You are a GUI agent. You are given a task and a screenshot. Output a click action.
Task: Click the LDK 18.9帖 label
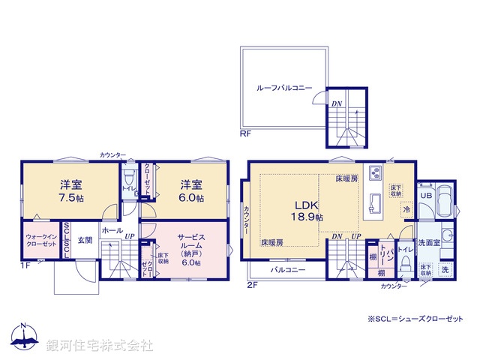coord(308,209)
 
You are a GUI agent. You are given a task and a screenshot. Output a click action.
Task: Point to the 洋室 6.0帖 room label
coord(191,190)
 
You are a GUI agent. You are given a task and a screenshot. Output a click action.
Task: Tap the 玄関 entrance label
coord(84,241)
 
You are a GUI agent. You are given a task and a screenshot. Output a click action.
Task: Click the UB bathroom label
coord(425,195)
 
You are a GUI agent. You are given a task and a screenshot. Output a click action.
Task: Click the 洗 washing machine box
coord(445,269)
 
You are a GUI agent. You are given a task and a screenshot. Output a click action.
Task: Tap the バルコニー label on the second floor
coord(287,268)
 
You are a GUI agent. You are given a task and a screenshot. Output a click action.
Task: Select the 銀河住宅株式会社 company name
coord(99,346)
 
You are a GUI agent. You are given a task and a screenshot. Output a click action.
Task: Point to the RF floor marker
coord(244,133)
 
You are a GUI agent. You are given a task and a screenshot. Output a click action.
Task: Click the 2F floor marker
coord(253,284)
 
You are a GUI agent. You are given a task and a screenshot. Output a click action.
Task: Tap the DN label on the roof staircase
coord(336,104)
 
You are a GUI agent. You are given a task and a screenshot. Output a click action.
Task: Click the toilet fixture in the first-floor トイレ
coord(128,180)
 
